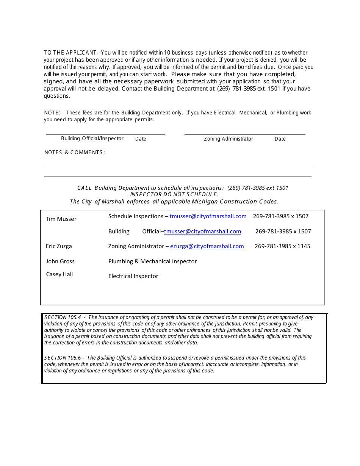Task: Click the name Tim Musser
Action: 61,219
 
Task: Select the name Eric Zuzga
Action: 59,246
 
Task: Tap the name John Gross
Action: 60,261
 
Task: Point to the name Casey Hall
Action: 59,274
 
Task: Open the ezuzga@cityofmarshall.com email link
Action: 207,246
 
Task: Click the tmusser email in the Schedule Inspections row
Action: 208,216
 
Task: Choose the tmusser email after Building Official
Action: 202,231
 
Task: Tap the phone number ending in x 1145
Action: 282,246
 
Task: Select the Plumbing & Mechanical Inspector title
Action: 152,261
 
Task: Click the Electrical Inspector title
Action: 133,276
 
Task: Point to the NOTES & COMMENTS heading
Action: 75,152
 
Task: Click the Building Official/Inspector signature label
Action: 92,139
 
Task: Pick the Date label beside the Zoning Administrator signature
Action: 280,139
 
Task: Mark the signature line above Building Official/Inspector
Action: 105,134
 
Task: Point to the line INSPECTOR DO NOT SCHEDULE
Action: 174,195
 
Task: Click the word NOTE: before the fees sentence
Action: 52,113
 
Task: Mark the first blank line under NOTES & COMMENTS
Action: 179,165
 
